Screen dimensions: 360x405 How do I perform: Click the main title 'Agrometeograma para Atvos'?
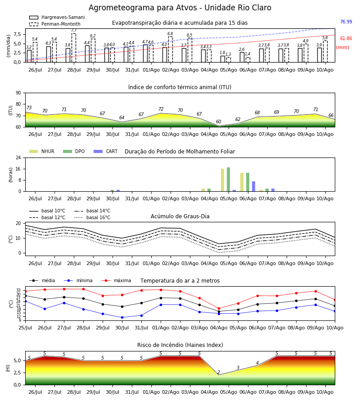pyautogui.click(x=143, y=8)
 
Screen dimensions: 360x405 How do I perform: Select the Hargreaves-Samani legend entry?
pyautogui.click(x=57, y=17)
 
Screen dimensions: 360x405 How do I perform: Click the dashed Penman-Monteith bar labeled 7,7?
pyautogui.click(x=74, y=48)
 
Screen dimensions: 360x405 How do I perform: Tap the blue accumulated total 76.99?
pyautogui.click(x=346, y=22)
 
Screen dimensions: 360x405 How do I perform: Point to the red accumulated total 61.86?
pyautogui.click(x=346, y=39)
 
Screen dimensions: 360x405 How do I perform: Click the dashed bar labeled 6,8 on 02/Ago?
pyautogui.click(x=171, y=49)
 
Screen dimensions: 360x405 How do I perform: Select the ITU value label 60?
pyautogui.click(x=219, y=121)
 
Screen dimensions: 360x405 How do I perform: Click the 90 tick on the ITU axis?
pyautogui.click(x=18, y=93)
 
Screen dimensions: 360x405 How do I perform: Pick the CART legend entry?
pyautogui.click(x=106, y=151)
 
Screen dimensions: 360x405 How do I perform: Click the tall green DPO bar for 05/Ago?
pyautogui.click(x=228, y=180)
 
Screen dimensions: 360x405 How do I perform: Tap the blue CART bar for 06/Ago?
pyautogui.click(x=254, y=186)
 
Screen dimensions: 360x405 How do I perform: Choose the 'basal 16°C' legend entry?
pyautogui.click(x=92, y=217)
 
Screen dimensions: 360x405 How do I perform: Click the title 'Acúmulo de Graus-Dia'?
pyautogui.click(x=180, y=216)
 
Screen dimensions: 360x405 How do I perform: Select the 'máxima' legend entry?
pyautogui.click(x=117, y=280)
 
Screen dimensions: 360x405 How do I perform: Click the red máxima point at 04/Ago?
pyautogui.click(x=219, y=308)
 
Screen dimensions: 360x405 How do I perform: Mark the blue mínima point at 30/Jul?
pyautogui.click(x=122, y=317)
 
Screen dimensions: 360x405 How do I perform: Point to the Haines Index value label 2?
pyautogui.click(x=219, y=372)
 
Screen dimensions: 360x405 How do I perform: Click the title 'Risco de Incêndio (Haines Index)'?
pyautogui.click(x=180, y=345)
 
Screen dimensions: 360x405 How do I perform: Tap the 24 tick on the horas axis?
pyautogui.click(x=18, y=158)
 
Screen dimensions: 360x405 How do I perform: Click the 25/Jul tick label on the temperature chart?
pyautogui.click(x=25, y=328)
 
